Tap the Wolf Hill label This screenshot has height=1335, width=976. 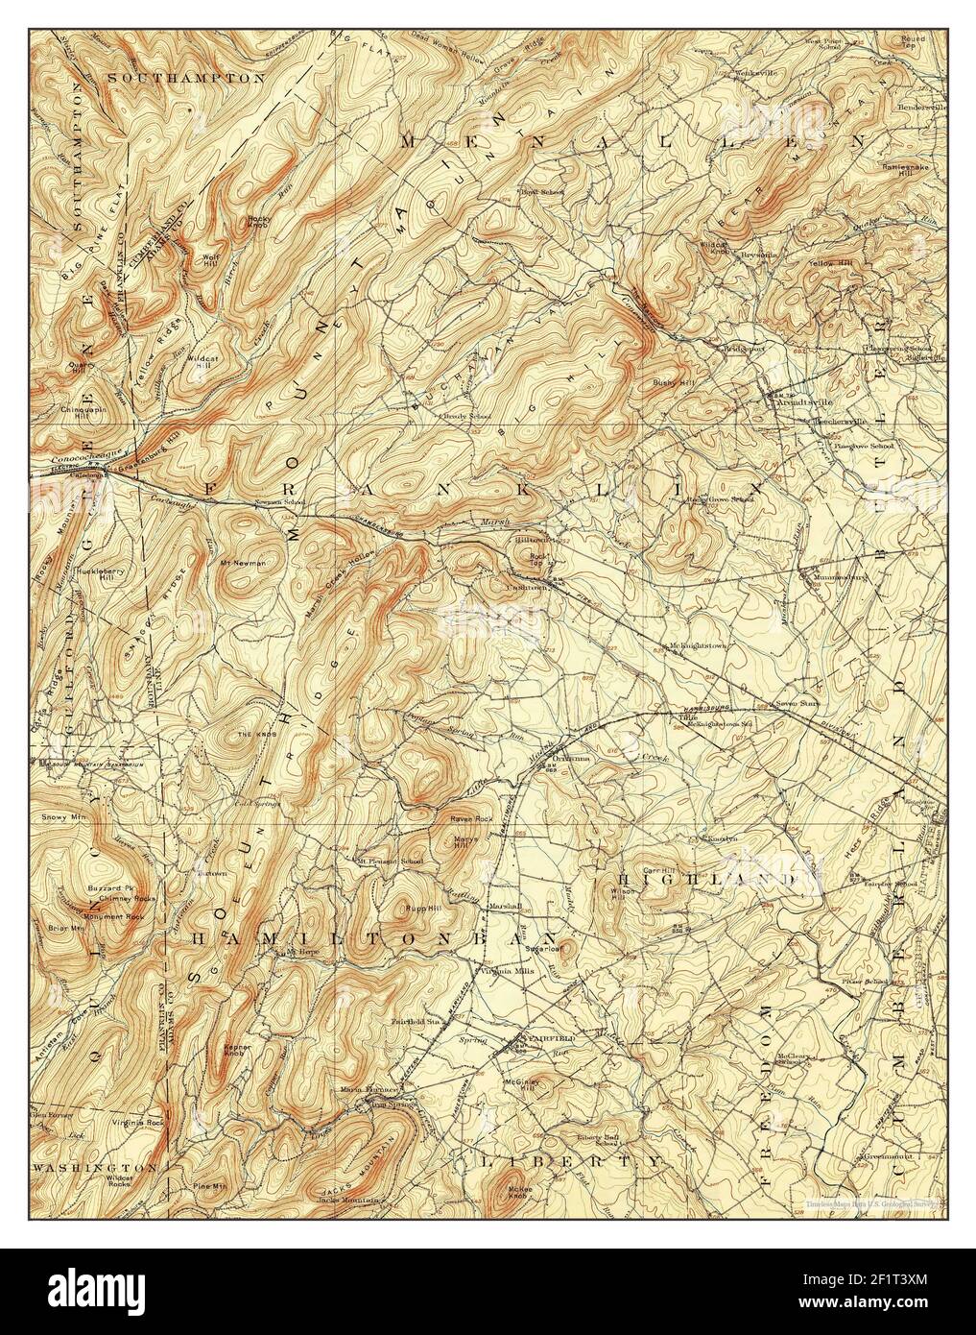pyautogui.click(x=210, y=260)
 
